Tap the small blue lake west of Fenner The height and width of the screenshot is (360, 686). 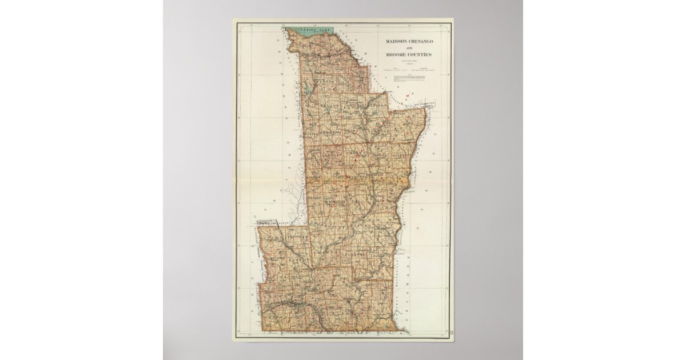click(310, 89)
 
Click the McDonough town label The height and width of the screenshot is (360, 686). click(332, 202)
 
